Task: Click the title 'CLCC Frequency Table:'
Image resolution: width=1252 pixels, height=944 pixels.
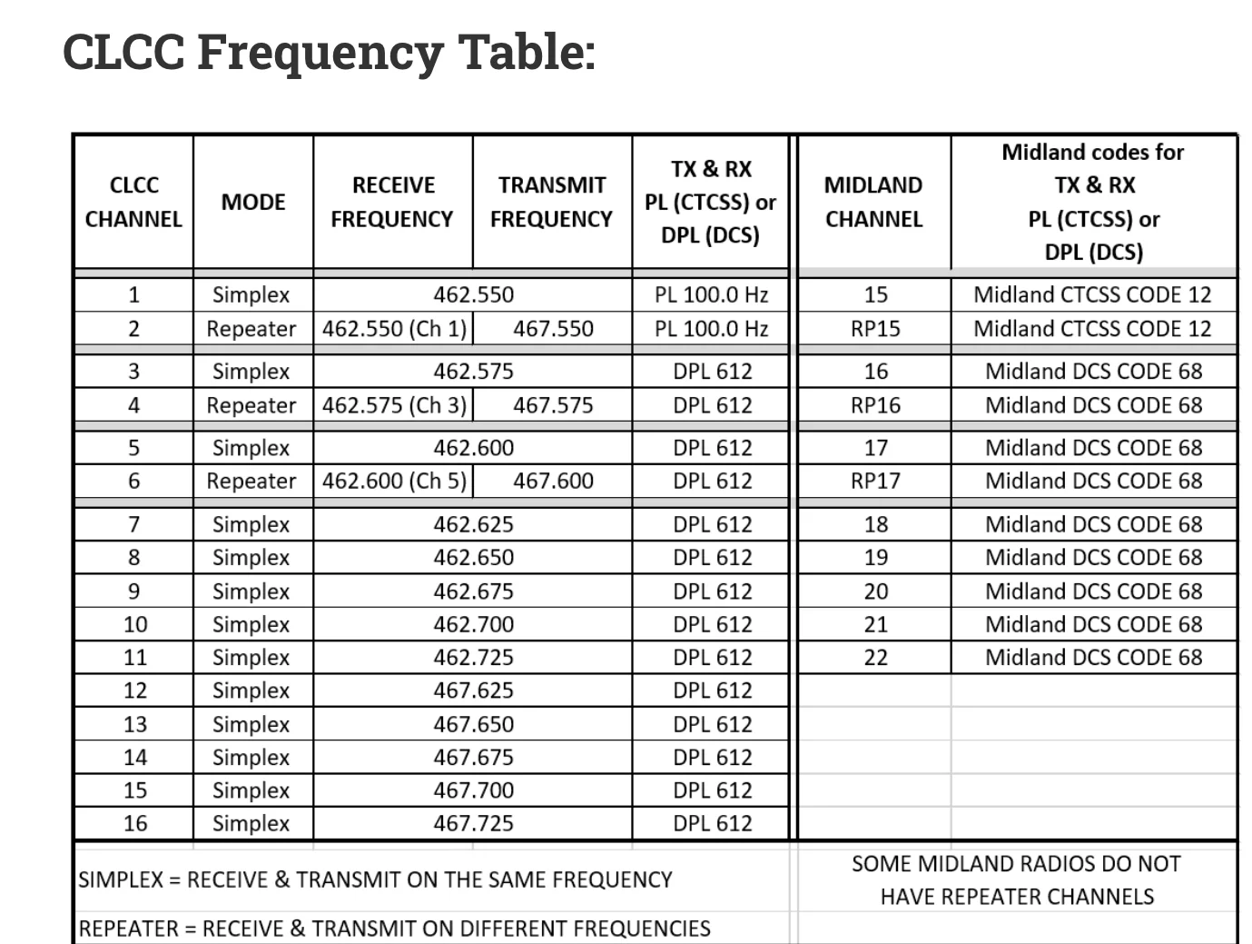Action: click(x=329, y=51)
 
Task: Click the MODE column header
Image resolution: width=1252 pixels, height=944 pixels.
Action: click(x=253, y=202)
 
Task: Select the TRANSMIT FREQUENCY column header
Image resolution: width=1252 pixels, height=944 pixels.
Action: click(x=551, y=202)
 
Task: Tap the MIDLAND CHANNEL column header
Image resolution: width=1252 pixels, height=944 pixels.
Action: click(x=873, y=202)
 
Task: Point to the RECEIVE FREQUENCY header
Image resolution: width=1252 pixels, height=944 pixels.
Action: click(x=392, y=202)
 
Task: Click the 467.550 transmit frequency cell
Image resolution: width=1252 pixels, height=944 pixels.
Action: click(x=553, y=329)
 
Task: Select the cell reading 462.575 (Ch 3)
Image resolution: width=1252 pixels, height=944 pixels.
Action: click(x=394, y=405)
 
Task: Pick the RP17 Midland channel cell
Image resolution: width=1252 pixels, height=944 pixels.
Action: click(x=875, y=481)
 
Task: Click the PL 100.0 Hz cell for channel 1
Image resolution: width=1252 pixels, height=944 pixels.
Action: click(x=712, y=294)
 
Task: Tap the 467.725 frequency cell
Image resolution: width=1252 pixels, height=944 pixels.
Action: click(x=473, y=823)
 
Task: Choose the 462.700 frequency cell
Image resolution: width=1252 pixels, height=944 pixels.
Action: click(x=473, y=624)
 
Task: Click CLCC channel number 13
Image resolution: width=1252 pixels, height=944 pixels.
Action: click(x=134, y=724)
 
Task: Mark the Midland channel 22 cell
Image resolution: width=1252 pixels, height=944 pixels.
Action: click(x=875, y=657)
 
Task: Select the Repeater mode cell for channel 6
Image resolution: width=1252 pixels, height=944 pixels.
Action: click(x=251, y=481)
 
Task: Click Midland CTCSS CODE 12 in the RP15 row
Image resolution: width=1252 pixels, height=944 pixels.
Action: click(x=1092, y=329)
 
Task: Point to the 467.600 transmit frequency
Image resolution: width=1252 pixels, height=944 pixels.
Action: click(x=553, y=481)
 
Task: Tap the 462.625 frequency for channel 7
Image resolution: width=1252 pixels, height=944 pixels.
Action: click(x=473, y=524)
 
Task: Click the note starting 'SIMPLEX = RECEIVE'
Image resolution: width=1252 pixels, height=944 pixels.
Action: click(x=375, y=879)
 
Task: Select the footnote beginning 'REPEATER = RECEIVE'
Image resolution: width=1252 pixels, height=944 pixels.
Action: click(x=394, y=929)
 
